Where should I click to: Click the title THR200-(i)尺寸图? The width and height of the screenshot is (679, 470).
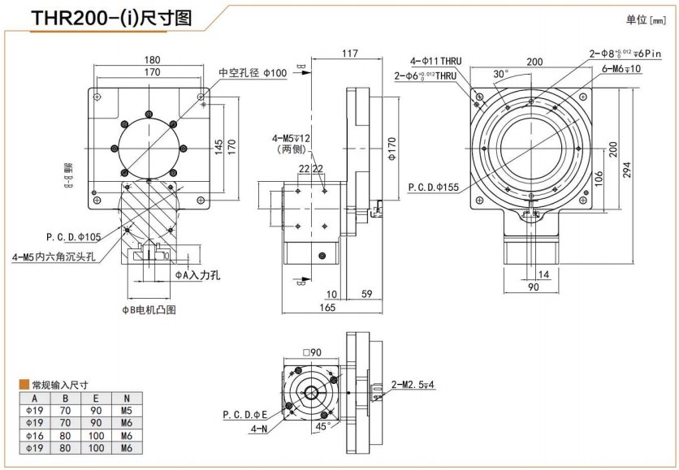pyautogui.click(x=111, y=19)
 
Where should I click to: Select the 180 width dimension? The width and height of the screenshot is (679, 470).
pyautogui.click(x=152, y=59)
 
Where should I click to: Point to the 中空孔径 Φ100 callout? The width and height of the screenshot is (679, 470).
pyautogui.click(x=253, y=72)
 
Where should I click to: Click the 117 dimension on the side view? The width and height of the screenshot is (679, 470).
pyautogui.click(x=349, y=54)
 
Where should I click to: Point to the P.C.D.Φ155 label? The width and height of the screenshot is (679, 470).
pyautogui.click(x=433, y=186)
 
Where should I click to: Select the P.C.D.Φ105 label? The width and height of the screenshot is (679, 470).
pyautogui.click(x=73, y=237)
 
